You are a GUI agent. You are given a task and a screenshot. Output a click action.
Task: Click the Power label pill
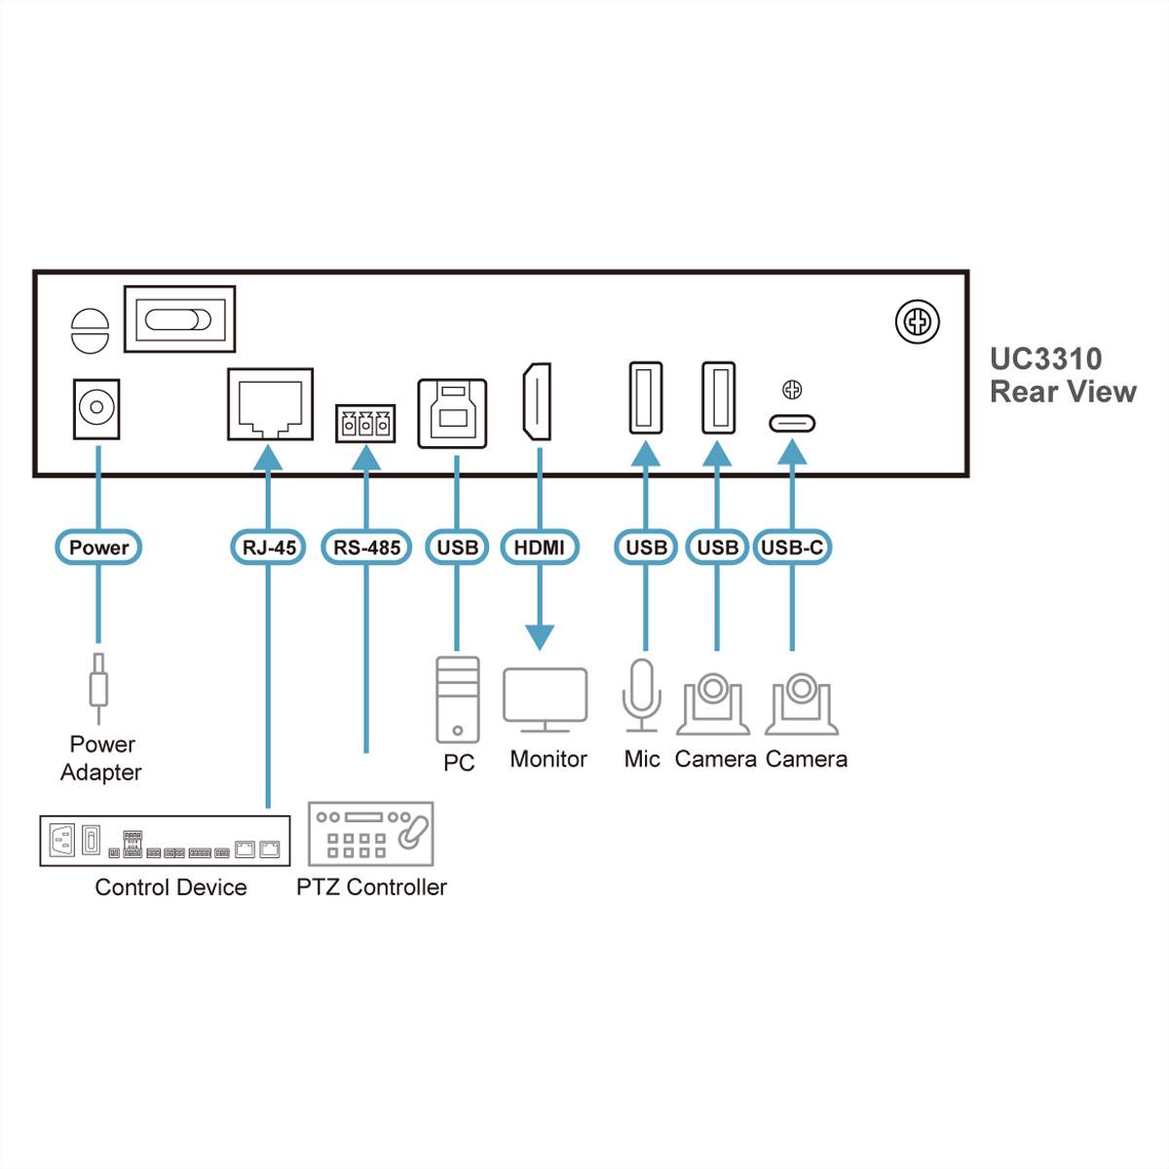click(x=98, y=547)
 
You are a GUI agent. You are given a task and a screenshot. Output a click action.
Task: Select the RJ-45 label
click(x=268, y=547)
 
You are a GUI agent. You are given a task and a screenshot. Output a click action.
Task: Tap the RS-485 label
click(x=366, y=547)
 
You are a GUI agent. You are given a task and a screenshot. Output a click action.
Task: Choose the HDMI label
click(x=539, y=547)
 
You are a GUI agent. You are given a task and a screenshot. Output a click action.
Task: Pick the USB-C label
click(x=791, y=547)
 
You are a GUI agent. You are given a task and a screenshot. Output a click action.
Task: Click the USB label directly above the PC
click(x=457, y=547)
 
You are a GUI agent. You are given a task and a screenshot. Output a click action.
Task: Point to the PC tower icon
click(x=457, y=699)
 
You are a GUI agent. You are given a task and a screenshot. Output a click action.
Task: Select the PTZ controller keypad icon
click(x=370, y=834)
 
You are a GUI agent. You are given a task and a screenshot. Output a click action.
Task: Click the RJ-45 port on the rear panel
click(x=270, y=404)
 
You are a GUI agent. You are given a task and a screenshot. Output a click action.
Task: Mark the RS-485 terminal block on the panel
click(x=365, y=424)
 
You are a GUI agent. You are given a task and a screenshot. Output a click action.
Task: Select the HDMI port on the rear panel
click(x=537, y=401)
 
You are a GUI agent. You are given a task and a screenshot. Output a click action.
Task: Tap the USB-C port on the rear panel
click(x=792, y=424)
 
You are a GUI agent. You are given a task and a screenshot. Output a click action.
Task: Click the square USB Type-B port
click(x=452, y=413)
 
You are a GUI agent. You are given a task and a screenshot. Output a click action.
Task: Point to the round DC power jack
click(x=96, y=408)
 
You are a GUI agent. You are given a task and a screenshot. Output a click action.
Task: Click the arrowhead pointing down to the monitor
click(x=539, y=637)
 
